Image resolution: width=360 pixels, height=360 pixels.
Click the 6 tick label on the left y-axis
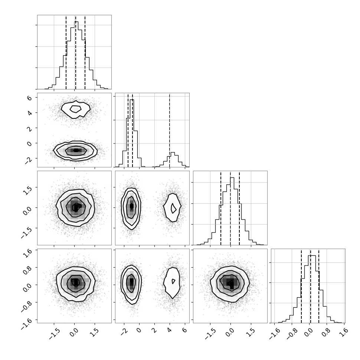point(29,98)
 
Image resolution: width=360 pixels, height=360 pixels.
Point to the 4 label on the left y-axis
point(29,113)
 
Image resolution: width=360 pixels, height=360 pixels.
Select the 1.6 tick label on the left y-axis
point(27,252)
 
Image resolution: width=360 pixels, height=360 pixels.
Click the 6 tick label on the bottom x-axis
point(184,330)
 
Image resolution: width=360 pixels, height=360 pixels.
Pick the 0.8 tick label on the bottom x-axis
point(326,332)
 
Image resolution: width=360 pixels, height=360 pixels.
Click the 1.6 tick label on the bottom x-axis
point(343,332)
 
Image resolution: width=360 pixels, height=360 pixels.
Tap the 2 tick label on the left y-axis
point(29,128)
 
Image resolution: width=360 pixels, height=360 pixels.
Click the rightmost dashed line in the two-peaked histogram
point(170,130)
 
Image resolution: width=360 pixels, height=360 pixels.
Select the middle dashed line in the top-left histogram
point(75,52)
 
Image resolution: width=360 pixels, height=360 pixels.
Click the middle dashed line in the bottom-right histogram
point(310,286)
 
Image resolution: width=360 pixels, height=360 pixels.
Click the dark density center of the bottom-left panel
point(76,282)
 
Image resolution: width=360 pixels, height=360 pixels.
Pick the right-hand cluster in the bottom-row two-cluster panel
point(172,282)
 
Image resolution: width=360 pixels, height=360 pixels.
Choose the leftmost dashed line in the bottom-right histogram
point(301,286)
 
